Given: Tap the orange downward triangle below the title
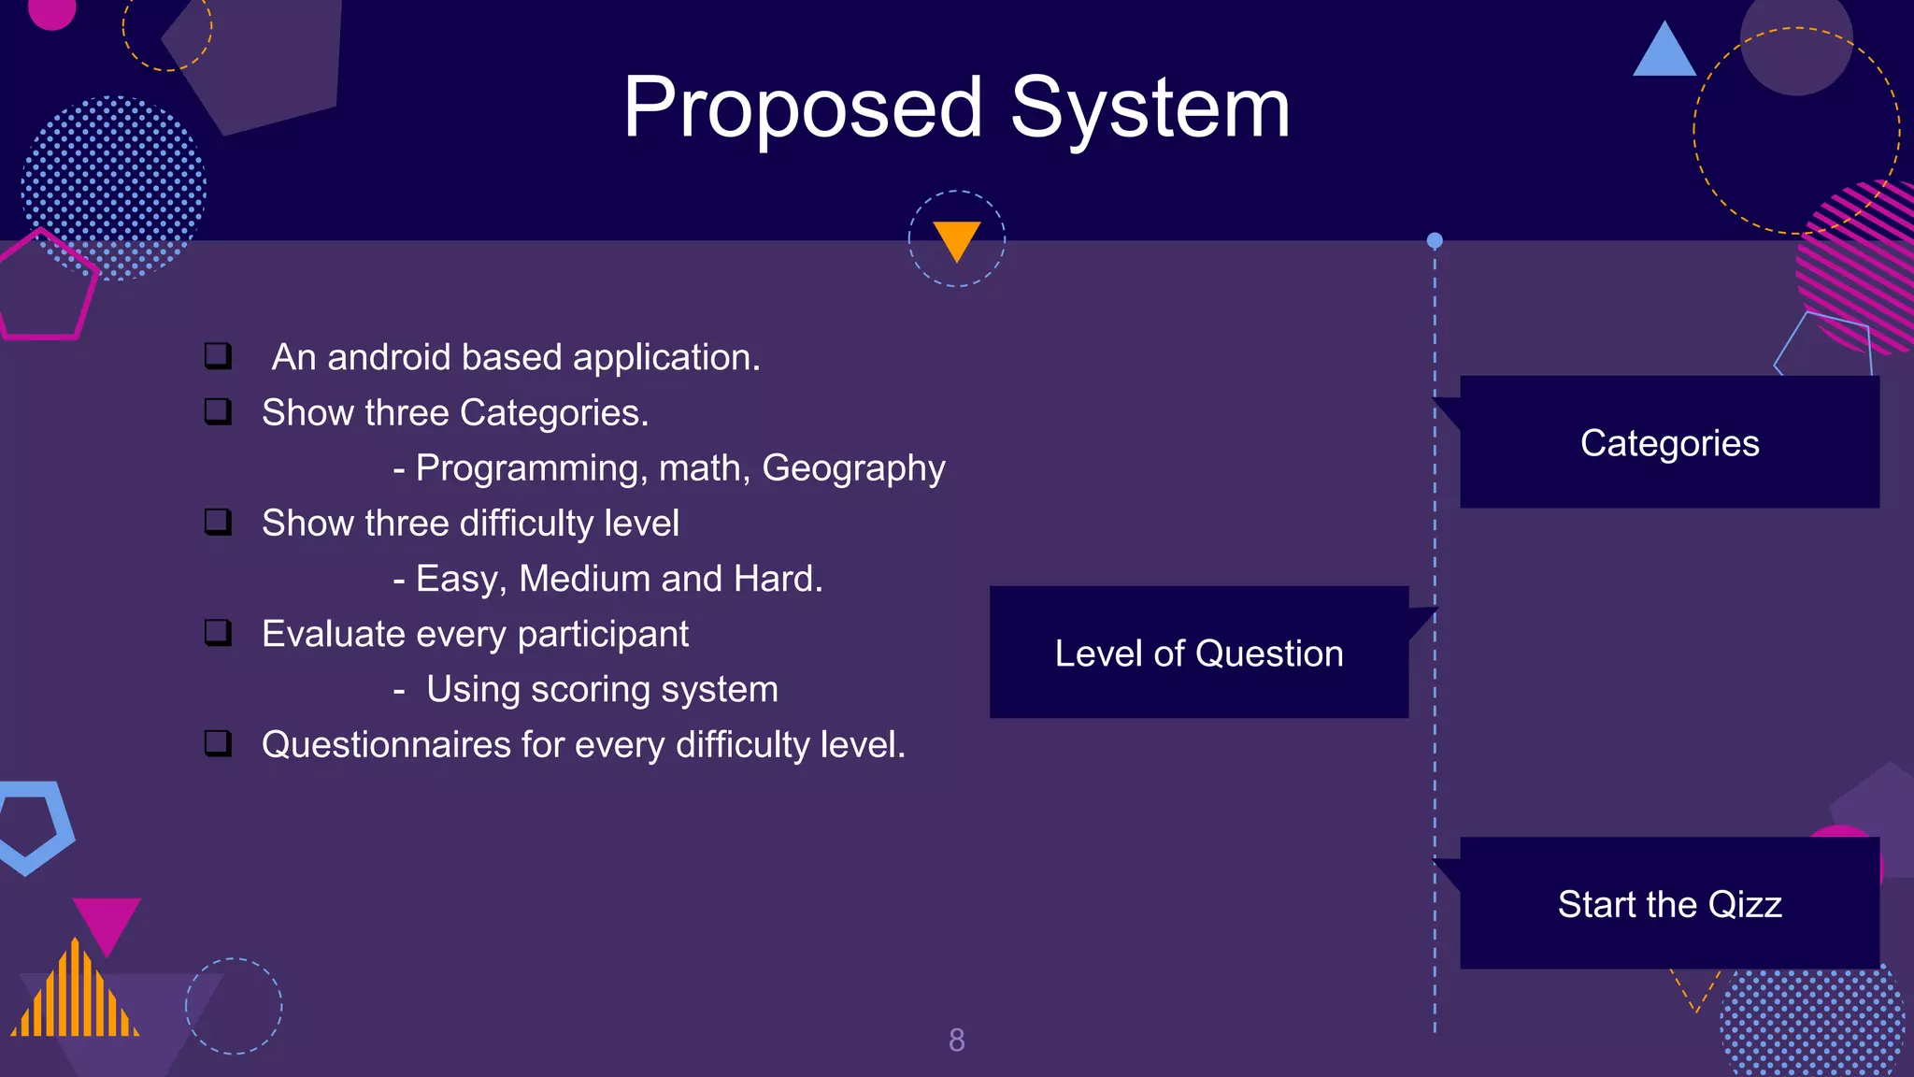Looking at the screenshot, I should [956, 238].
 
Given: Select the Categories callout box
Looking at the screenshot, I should [1669, 442].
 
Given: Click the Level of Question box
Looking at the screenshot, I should [1198, 653].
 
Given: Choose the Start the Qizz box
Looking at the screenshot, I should [1669, 903].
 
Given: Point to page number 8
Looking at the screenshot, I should [956, 1040].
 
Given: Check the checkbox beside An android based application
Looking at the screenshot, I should [218, 356].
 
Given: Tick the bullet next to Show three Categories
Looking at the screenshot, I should [218, 411].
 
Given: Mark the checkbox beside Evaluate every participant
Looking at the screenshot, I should [218, 633].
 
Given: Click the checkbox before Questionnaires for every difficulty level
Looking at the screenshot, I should [218, 743].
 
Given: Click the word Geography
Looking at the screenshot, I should [853, 467].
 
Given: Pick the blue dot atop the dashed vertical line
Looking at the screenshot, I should [1435, 240].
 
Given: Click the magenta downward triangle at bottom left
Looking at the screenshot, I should [107, 922].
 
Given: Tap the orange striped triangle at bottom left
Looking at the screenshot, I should [75, 996].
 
